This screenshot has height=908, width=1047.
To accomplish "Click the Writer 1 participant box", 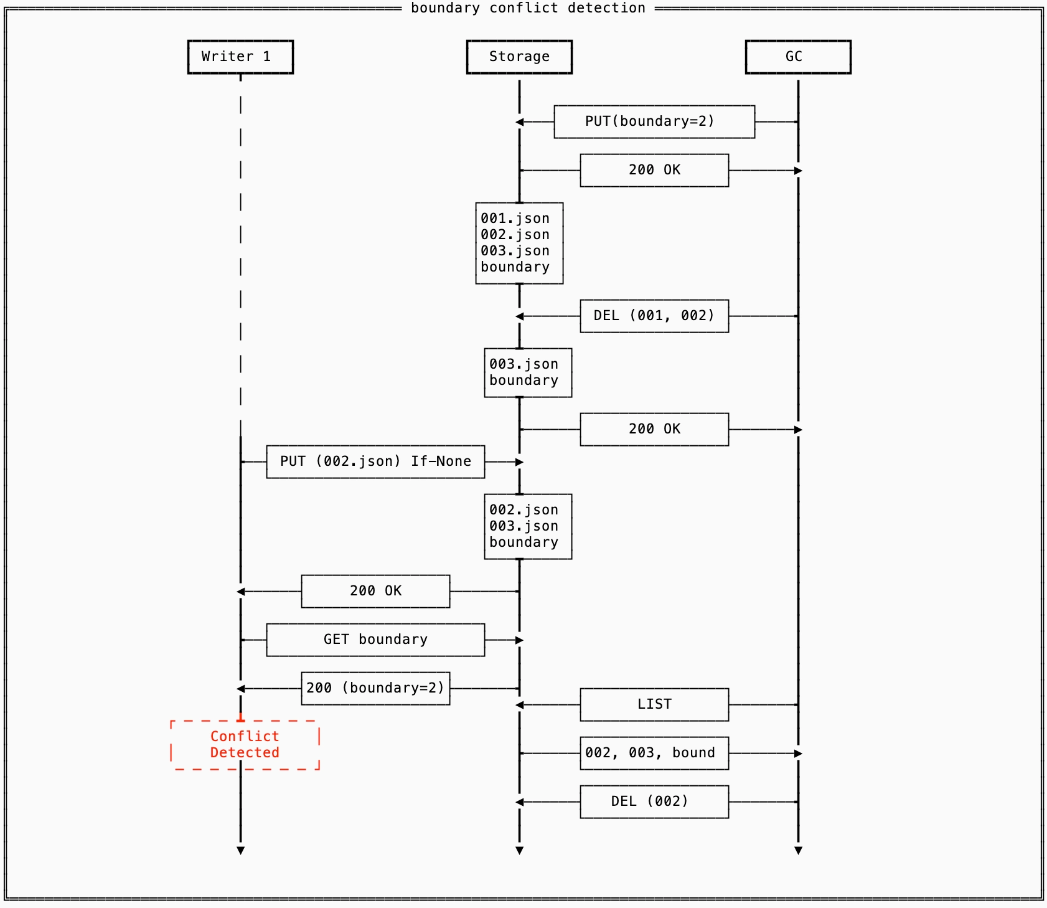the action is click(240, 57).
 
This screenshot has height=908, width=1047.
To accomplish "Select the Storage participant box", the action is click(519, 57).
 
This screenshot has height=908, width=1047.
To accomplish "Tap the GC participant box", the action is click(798, 57).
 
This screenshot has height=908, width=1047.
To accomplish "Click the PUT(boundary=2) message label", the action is click(649, 121).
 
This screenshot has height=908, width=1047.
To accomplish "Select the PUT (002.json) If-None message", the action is click(375, 461).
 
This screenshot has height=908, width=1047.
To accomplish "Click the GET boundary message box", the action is click(375, 640).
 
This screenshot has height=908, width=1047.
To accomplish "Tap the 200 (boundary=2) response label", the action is click(375, 688).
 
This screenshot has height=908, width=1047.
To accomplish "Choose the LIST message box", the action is click(654, 704).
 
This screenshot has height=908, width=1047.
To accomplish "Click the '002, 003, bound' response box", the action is click(654, 753).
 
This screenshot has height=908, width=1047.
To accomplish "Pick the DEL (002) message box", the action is click(654, 802).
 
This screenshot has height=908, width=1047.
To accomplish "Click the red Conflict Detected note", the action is click(245, 745).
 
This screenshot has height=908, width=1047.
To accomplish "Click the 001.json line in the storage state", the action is click(515, 219).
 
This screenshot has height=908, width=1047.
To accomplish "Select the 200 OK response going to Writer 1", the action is click(375, 591).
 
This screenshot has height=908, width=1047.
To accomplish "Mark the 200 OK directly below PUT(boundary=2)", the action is click(654, 170).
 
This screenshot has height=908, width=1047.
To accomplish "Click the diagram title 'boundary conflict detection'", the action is click(528, 8).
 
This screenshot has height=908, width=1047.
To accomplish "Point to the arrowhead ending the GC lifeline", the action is click(798, 851).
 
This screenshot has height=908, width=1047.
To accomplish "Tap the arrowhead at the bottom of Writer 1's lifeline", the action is click(240, 851).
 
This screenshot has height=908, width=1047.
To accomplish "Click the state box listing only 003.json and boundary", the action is click(528, 372).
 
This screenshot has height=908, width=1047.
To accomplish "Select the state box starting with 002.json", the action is click(528, 526).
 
